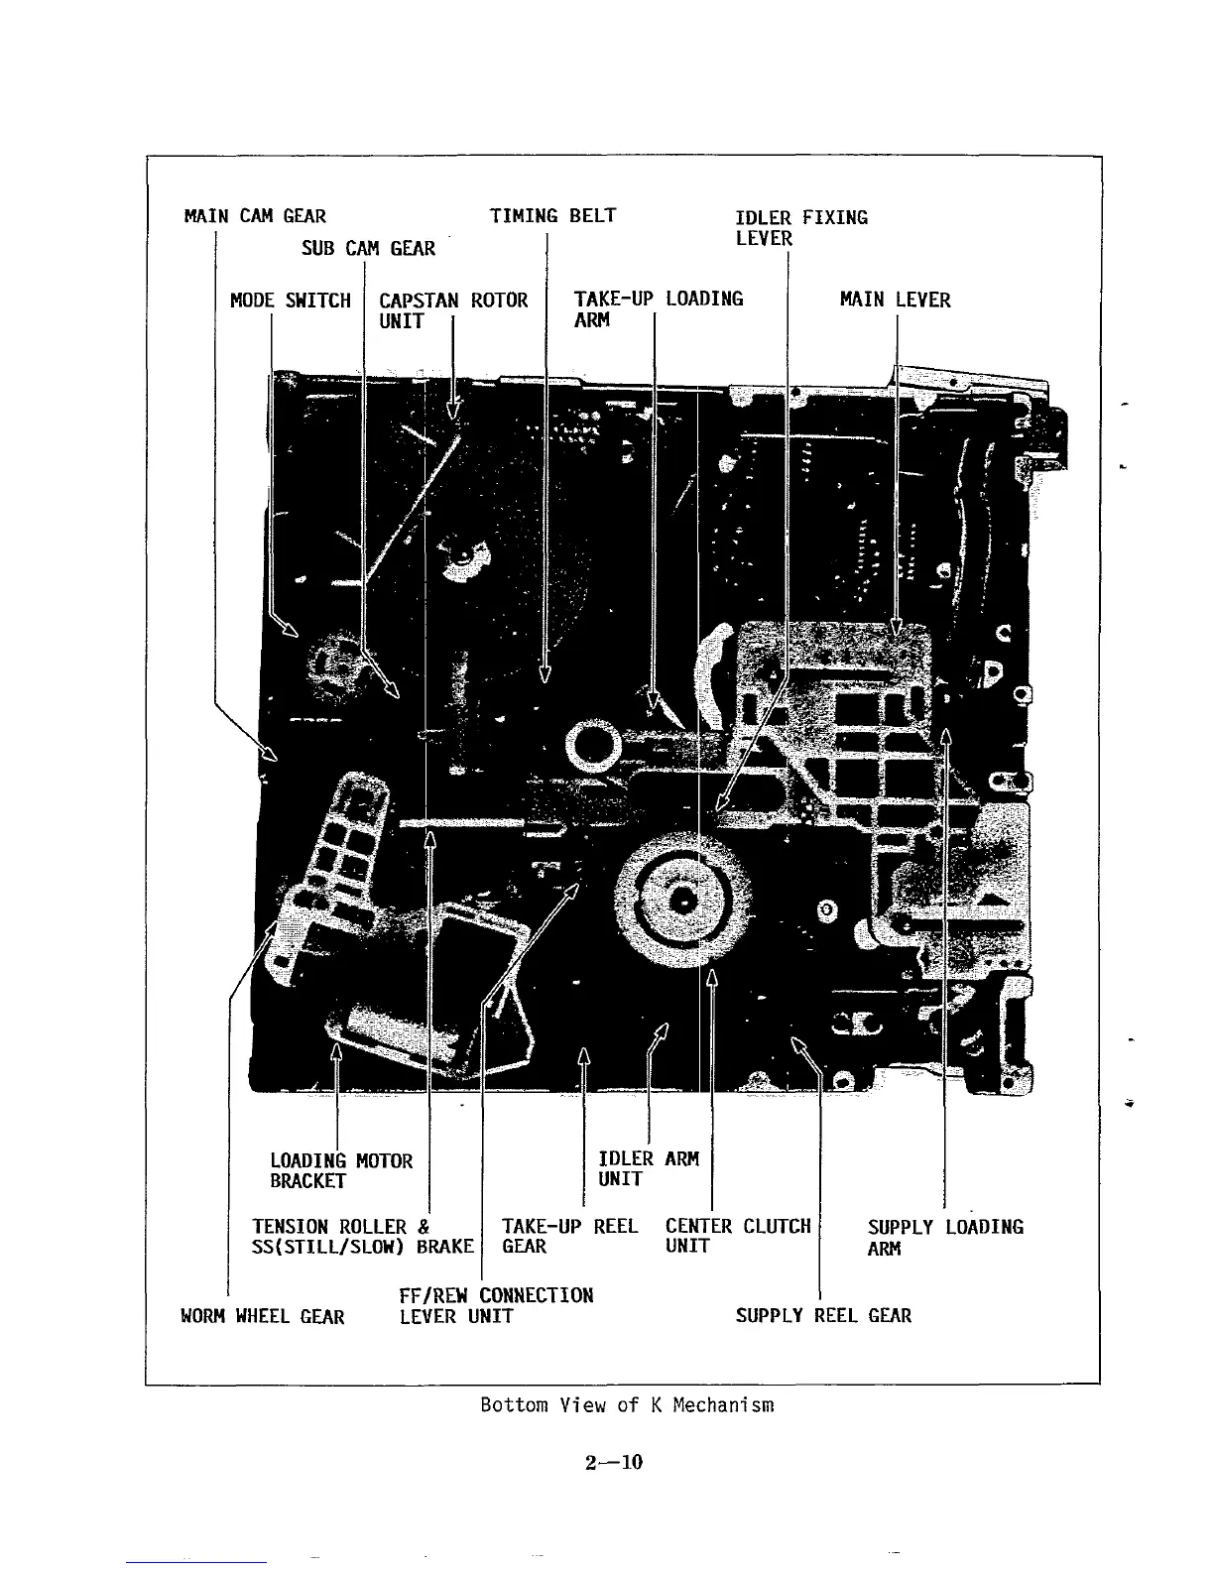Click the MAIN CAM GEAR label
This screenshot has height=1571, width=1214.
coord(255,216)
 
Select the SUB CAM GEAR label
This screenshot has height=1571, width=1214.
coord(368,248)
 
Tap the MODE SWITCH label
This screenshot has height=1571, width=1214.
coord(291,301)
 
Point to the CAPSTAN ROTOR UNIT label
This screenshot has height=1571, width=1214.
coord(453,310)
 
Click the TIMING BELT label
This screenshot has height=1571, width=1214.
coord(553,216)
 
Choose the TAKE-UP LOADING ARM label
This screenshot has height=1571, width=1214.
coord(658,308)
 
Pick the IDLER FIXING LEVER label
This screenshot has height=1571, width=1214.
coord(800,227)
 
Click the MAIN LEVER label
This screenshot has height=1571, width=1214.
coord(895,300)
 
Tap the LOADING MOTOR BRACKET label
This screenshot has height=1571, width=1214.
coord(341,1170)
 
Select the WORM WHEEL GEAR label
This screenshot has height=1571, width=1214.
coord(263,1317)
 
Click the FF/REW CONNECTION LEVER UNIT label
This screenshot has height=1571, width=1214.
coord(496,1306)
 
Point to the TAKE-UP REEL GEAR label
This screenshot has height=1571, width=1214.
coord(569,1236)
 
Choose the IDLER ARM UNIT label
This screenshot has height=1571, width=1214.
coord(649,1168)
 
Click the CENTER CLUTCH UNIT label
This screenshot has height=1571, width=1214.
coord(738,1236)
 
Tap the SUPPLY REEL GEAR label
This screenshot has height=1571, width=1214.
coord(823,1316)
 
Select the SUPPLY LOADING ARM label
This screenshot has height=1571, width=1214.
coord(944,1237)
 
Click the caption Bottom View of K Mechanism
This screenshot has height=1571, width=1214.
coord(627,1405)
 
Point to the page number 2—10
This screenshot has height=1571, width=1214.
coord(614,1462)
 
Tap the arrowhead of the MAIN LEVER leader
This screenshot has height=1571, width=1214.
coord(897,628)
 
